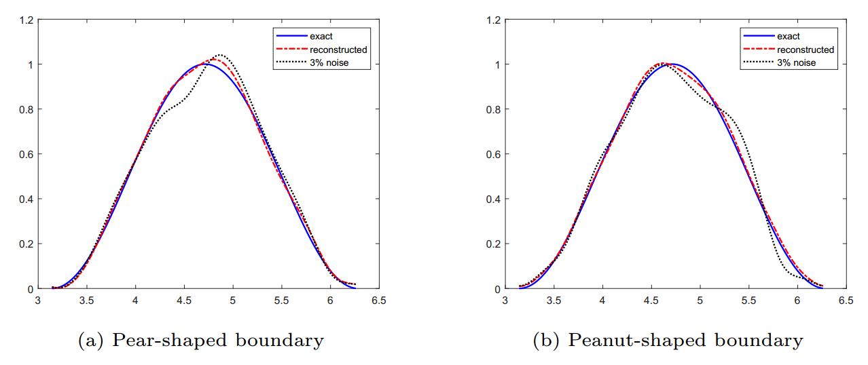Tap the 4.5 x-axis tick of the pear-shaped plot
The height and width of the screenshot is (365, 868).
(184, 300)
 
